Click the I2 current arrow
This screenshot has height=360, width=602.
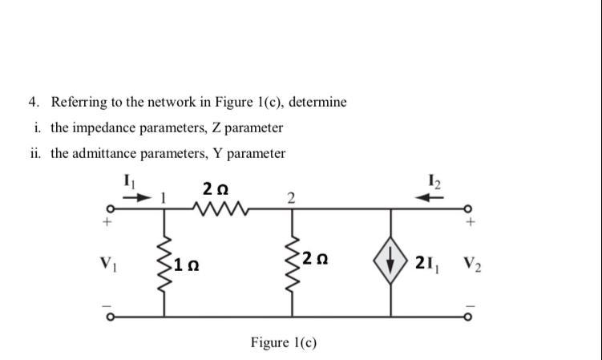click(434, 196)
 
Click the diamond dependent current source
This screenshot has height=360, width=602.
click(391, 263)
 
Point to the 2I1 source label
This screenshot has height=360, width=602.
click(428, 263)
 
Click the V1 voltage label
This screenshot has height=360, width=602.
click(106, 262)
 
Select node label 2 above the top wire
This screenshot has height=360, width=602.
click(290, 199)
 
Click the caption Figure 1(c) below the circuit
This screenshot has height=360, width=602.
click(284, 343)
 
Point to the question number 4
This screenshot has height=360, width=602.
click(33, 102)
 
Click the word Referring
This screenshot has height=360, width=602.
click(79, 103)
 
